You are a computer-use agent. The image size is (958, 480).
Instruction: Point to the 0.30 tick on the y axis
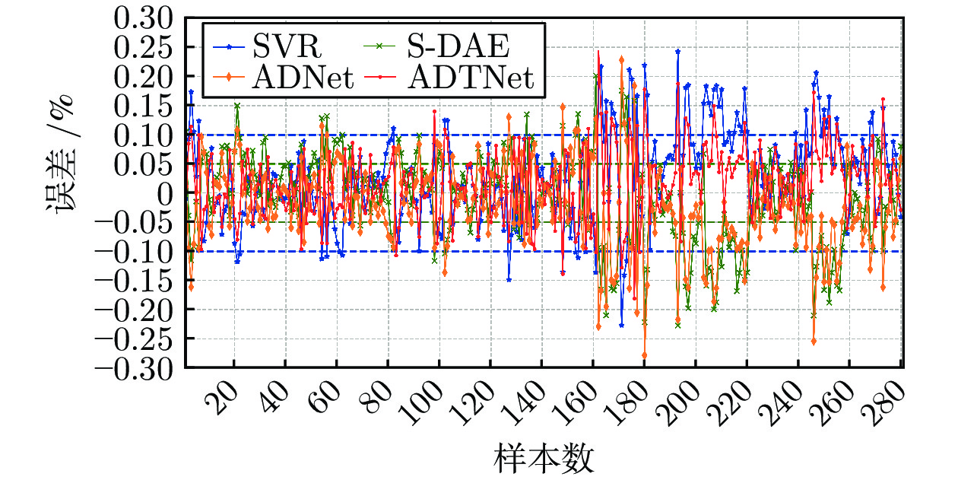(x=144, y=18)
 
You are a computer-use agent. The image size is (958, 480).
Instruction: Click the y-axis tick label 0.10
(x=144, y=135)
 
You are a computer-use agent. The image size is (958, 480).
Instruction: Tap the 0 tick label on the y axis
(x=166, y=193)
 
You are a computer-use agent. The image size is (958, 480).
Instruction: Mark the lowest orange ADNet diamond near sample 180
(x=645, y=355)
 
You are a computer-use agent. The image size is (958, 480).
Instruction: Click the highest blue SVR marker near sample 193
(x=677, y=52)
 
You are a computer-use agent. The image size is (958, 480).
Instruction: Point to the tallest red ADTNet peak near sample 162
(x=598, y=52)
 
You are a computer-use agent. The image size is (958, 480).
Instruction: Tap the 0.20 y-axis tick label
(x=144, y=77)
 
